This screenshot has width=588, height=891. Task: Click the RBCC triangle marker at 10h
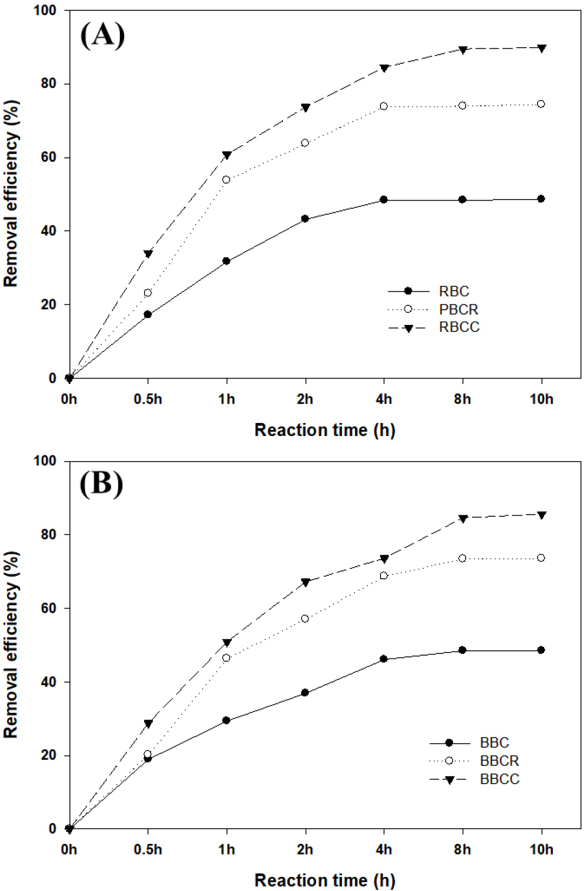pyautogui.click(x=541, y=48)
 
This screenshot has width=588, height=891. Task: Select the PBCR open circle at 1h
pyautogui.click(x=227, y=180)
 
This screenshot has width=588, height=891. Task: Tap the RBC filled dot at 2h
pyautogui.click(x=305, y=219)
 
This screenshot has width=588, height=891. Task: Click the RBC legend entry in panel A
pyautogui.click(x=454, y=292)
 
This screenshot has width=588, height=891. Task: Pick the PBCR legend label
pyautogui.click(x=458, y=310)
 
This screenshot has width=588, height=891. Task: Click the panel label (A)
pyautogui.click(x=102, y=36)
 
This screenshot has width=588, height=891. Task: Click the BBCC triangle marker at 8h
pyautogui.click(x=462, y=519)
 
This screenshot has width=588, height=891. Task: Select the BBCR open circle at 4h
pyautogui.click(x=384, y=575)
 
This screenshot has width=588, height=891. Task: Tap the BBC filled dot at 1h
pyautogui.click(x=227, y=720)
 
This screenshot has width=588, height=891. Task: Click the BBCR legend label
pyautogui.click(x=499, y=761)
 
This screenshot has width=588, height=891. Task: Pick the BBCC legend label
pyautogui.click(x=499, y=779)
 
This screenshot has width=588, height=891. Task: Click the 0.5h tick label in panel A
pyautogui.click(x=147, y=400)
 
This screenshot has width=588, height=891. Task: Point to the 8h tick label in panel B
pyautogui.click(x=462, y=849)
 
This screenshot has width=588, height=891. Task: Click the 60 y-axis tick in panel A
pyautogui.click(x=49, y=158)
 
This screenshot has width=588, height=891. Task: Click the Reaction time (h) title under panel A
pyautogui.click(x=325, y=430)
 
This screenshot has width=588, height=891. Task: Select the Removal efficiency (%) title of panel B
pyautogui.click(x=11, y=644)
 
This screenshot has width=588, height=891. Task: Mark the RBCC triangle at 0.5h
pyautogui.click(x=147, y=254)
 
